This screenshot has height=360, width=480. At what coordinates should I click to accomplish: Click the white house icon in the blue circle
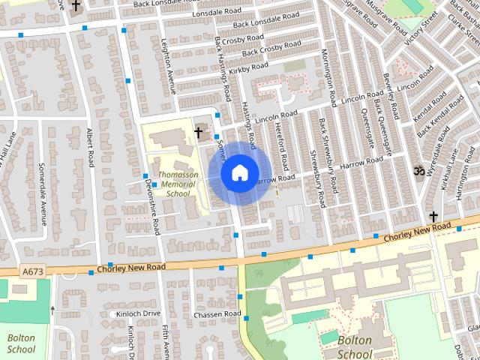click(x=238, y=172)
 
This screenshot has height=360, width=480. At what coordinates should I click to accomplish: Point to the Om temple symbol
click(x=419, y=171)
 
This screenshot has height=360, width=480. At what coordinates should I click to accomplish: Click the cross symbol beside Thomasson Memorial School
click(x=199, y=133)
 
